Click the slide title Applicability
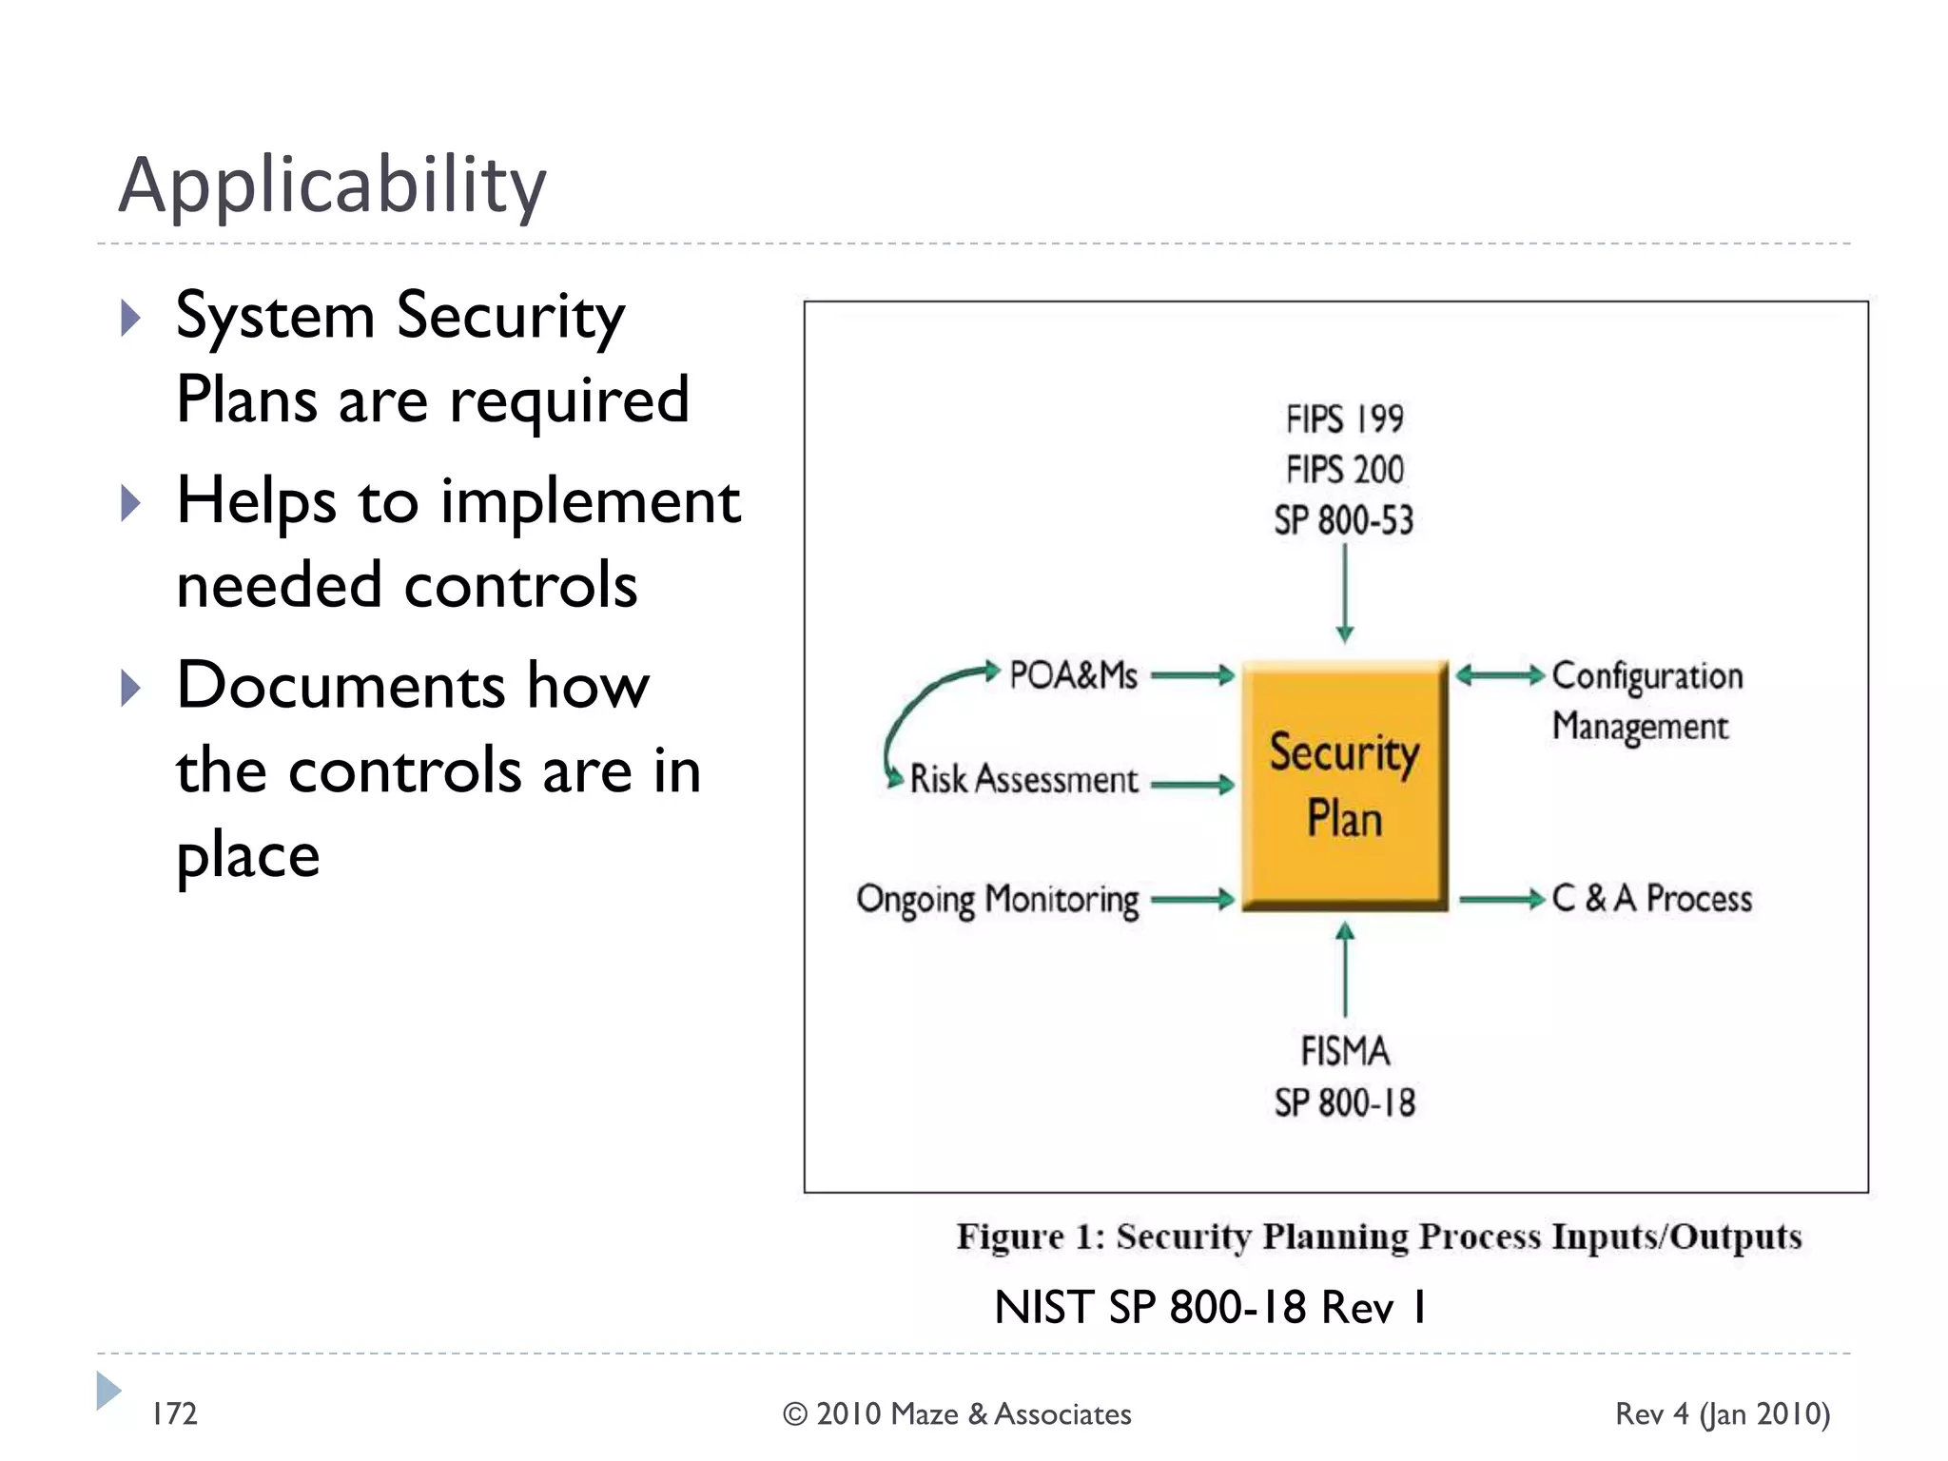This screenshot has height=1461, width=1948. tap(332, 185)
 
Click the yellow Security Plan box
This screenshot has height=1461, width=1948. tap(1344, 785)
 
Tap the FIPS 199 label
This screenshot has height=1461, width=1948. tap(1344, 419)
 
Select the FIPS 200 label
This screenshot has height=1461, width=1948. tap(1344, 470)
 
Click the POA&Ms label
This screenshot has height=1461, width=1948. tap(1073, 675)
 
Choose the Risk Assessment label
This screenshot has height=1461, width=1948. tap(1023, 780)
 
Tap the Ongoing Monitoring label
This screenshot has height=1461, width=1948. tap(997, 900)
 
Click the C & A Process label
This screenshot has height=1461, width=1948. tap(1652, 899)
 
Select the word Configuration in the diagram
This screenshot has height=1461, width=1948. tap(1647, 676)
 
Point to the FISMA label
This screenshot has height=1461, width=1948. tap(1345, 1052)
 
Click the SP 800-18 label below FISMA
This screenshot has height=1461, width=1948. tap(1345, 1103)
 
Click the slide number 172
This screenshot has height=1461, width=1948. tap(175, 1414)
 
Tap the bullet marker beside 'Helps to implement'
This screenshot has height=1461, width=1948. tap(131, 502)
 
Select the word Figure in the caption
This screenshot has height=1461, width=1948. tap(1010, 1237)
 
